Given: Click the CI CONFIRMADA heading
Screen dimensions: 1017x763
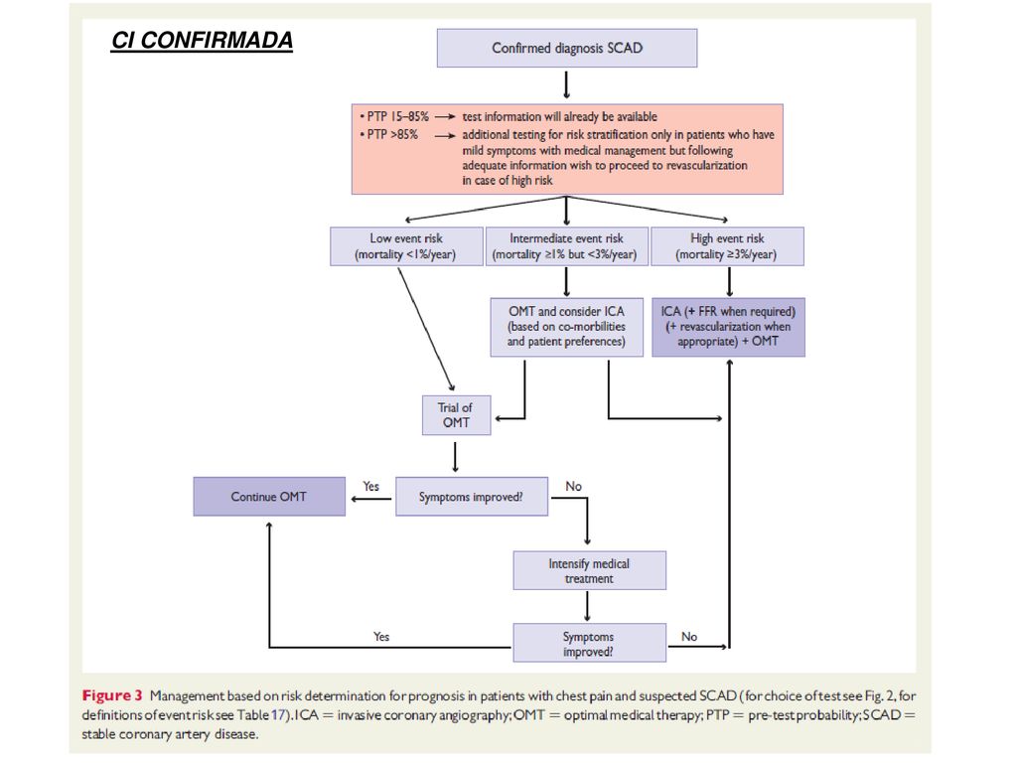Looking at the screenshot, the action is point(202,40).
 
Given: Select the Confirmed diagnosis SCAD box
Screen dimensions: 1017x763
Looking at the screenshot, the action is point(567,48).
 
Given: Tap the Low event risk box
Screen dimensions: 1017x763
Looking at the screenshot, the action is point(406,246).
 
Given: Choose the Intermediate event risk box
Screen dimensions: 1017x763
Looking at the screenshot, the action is point(566,246).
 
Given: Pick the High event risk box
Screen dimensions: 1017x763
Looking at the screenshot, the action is point(727,246).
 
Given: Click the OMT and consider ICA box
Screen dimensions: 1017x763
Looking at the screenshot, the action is point(566,327).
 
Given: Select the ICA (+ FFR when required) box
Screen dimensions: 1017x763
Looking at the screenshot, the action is point(728,327).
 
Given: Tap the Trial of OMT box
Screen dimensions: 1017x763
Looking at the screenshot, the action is point(456,415).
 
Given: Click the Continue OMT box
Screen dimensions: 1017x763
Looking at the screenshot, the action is point(269,497).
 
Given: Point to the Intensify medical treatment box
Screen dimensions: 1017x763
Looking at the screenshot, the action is point(589,571).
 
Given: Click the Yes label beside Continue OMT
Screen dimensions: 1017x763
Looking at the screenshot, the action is point(371,487).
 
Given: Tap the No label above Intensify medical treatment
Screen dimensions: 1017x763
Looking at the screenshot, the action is point(573,487).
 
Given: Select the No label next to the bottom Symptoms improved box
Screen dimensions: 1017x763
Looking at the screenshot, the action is point(689,637).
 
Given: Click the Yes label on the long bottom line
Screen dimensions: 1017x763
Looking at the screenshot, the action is point(381,637).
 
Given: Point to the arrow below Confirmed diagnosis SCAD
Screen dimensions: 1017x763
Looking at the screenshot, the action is point(566,84).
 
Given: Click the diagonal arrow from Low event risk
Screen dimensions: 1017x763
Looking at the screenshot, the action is point(426,330).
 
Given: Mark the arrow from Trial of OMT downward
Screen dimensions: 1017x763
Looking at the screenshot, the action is point(455,457).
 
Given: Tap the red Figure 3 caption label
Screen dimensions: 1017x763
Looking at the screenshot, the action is point(111,696).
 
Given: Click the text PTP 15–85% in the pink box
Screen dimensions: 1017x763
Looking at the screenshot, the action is point(397,117).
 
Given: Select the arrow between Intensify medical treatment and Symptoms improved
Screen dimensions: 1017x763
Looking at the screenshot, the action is point(587,606).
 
